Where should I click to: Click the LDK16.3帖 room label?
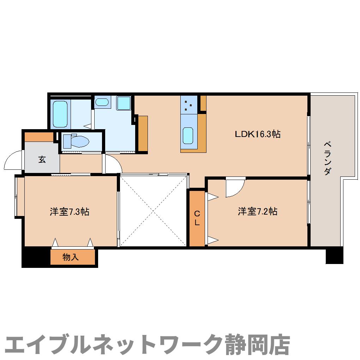coord(258,134)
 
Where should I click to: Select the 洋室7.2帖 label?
coord(257,211)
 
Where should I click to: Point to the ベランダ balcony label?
coord(328,158)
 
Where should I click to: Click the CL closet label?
coord(197,218)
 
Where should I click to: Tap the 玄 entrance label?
coord(42,160)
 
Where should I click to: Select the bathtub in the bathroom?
coord(60,114)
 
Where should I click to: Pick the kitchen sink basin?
coord(188,136)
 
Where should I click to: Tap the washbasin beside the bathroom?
coord(102,102)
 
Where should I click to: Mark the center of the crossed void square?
coord(153,210)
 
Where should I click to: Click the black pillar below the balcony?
coord(334,255)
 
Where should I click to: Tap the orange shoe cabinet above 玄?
coord(39,137)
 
